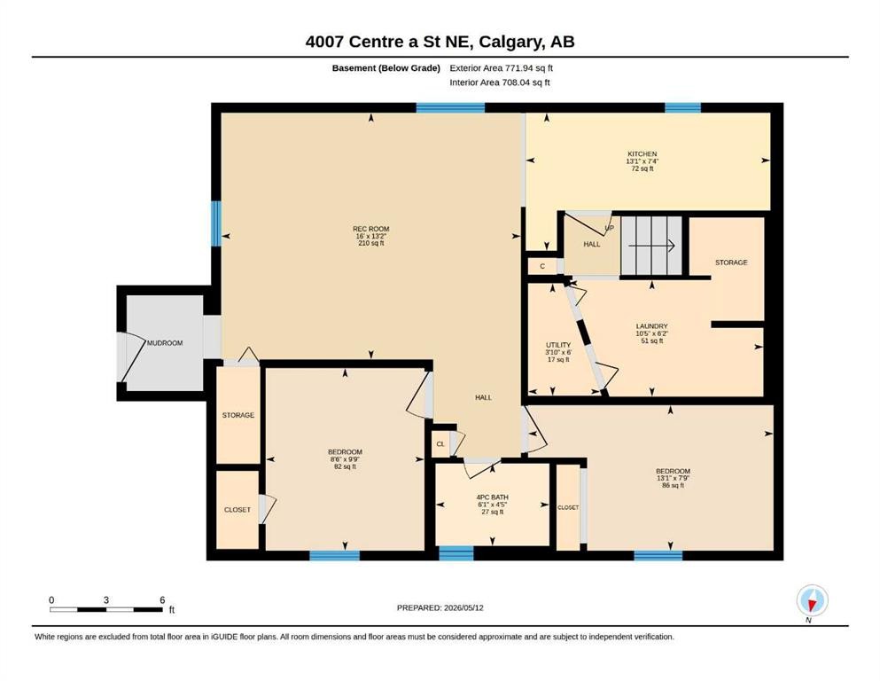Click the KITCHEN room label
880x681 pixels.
[642, 153]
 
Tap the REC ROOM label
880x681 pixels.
[371, 229]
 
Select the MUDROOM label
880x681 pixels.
[165, 343]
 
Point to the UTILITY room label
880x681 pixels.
[558, 345]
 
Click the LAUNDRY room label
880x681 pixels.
[651, 326]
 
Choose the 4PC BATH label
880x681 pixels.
[492, 497]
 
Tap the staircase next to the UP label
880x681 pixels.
[651, 246]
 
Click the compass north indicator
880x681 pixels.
[812, 601]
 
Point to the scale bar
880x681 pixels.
[106, 609]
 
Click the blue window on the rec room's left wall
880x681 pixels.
[216, 223]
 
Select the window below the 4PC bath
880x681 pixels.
[456, 553]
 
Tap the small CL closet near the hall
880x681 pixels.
[441, 444]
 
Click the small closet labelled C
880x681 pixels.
[542, 266]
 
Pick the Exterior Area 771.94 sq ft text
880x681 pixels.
[502, 68]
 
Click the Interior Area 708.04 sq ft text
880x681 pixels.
[500, 82]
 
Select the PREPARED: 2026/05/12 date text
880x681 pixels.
[440, 607]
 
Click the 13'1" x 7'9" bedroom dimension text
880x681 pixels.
[673, 478]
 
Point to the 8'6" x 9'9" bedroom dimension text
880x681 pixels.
[345, 459]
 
